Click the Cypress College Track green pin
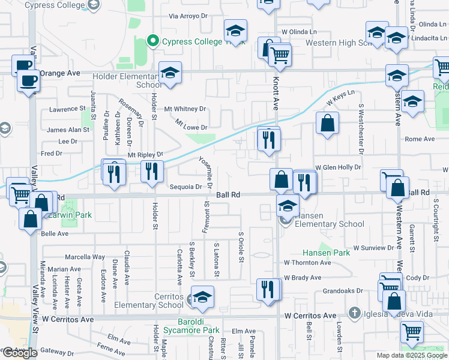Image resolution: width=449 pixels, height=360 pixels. [153, 41]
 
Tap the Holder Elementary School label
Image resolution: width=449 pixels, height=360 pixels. [127, 80]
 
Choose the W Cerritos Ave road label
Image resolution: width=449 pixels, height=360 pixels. [310, 316]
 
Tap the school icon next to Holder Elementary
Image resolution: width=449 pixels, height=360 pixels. [170, 74]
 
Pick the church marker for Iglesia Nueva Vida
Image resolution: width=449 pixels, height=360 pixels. [355, 313]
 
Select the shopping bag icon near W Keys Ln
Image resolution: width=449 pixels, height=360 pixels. [327, 124]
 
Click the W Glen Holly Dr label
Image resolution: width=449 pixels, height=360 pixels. [338, 167]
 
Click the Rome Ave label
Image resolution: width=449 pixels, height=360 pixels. [420, 139]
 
